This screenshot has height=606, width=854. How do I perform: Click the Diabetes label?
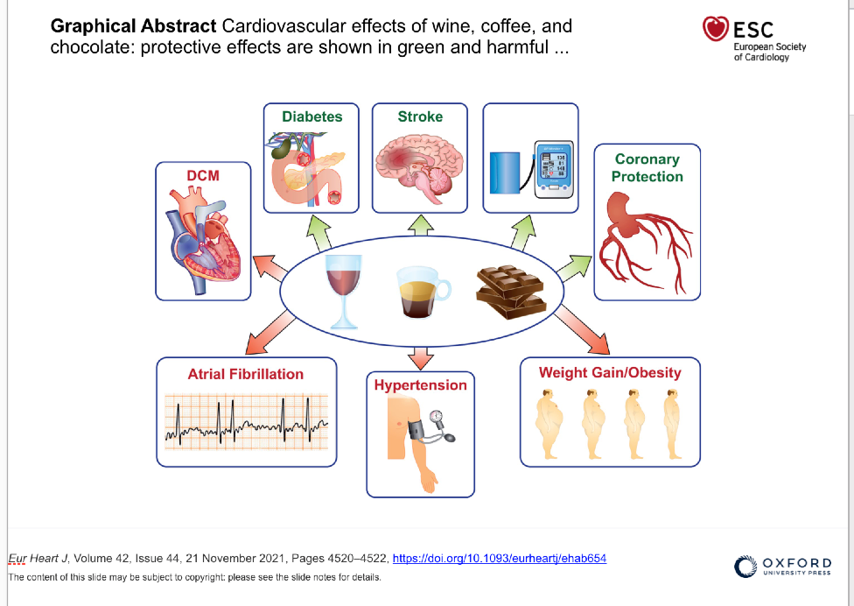coord(312,116)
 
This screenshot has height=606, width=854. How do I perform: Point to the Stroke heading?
coord(420,116)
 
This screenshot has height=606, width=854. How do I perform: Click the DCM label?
coord(203,176)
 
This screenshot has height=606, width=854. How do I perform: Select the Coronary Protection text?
coord(647,167)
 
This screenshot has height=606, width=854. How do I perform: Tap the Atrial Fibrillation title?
coord(246,374)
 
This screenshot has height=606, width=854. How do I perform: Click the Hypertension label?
coord(421,385)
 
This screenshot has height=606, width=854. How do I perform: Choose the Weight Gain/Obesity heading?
coord(610,372)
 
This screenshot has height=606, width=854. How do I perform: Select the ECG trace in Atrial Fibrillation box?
coord(246,423)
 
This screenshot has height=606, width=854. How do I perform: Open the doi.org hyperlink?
coord(500,558)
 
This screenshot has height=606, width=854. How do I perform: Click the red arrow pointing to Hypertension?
coord(421,356)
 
